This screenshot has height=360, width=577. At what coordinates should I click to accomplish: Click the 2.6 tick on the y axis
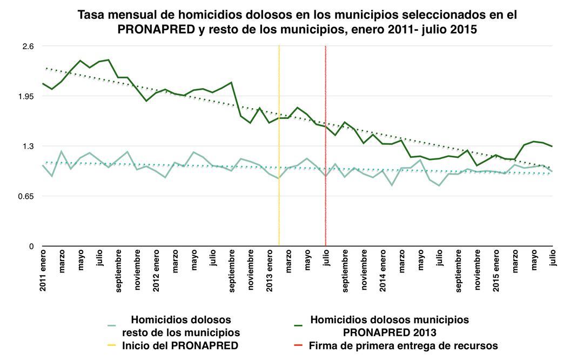28,46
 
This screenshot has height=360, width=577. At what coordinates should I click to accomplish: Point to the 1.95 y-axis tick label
25,96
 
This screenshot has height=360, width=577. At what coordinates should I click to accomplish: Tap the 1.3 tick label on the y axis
28,146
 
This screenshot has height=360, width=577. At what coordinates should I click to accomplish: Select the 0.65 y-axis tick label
25,196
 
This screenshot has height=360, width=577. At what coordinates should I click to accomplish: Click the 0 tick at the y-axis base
31,246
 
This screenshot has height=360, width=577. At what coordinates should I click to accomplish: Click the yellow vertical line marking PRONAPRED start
279,162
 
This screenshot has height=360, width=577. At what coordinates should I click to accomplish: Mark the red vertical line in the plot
326,162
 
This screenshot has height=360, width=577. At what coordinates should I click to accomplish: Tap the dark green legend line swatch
298,325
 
